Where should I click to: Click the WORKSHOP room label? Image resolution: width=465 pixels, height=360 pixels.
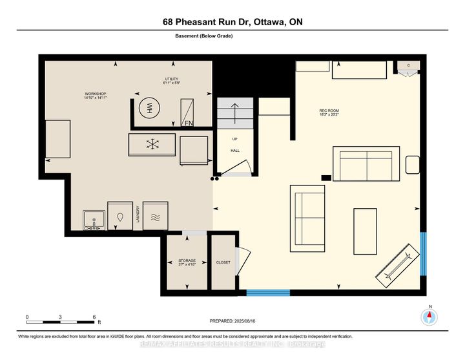tap(95, 97)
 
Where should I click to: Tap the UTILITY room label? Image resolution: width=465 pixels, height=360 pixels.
tap(170, 81)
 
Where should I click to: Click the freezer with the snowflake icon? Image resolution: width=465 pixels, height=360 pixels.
tap(152, 144)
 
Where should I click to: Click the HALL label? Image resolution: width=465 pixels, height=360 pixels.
tap(235, 150)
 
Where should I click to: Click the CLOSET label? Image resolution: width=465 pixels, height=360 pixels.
tap(223, 262)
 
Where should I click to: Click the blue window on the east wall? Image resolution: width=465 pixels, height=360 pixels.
tap(424, 253)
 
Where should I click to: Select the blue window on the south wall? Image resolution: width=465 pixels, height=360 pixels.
tap(268, 293)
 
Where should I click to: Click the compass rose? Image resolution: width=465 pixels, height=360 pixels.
tap(429, 317)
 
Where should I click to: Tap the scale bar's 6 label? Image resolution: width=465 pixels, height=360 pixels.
tap(94, 317)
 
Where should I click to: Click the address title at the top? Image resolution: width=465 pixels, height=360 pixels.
tap(232, 22)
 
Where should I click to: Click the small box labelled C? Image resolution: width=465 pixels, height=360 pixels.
tap(409, 66)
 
